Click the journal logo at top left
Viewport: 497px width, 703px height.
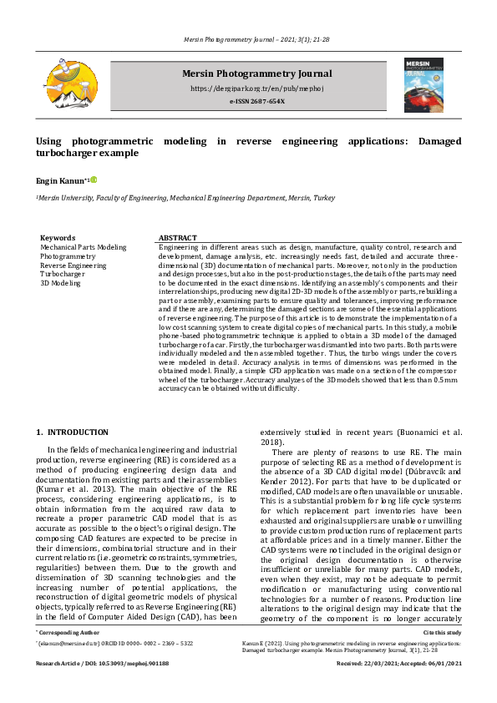click(64, 84)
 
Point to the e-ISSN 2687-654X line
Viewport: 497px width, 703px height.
click(256, 102)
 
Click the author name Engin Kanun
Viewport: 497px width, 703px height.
click(61, 180)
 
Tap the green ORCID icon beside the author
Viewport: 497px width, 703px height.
click(94, 180)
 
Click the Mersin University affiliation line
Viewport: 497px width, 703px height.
click(185, 198)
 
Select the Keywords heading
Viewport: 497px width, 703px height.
click(58, 238)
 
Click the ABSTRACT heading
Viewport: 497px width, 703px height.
click(177, 238)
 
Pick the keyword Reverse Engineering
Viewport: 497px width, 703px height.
click(74, 266)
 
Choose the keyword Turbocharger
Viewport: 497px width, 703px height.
click(63, 275)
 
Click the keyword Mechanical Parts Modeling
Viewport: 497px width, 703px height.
click(84, 247)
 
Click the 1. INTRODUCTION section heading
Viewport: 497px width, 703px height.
click(73, 432)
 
